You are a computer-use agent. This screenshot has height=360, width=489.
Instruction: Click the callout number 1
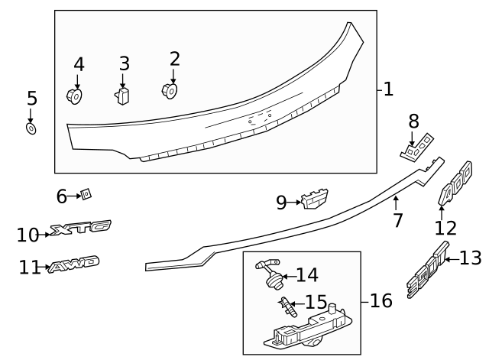tap(388, 89)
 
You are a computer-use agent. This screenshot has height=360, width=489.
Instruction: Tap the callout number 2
tap(175, 59)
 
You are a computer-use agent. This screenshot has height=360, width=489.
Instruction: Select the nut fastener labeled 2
tap(171, 90)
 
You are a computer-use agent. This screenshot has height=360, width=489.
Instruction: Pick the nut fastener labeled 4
tap(75, 96)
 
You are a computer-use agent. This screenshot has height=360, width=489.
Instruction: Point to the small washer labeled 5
tap(31, 128)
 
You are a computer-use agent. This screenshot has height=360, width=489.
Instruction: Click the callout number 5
tap(31, 99)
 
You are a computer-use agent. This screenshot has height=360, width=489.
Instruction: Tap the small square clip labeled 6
tap(86, 195)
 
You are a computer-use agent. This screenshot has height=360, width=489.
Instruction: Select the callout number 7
tap(397, 222)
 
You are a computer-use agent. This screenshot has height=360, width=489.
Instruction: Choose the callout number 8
tap(414, 121)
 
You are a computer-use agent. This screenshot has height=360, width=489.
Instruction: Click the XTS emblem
tap(80, 227)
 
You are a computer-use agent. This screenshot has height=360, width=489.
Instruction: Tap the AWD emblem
tap(73, 265)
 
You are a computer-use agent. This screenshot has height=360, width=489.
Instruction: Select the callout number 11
tap(30, 268)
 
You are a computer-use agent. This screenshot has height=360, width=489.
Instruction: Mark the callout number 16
tap(381, 301)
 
